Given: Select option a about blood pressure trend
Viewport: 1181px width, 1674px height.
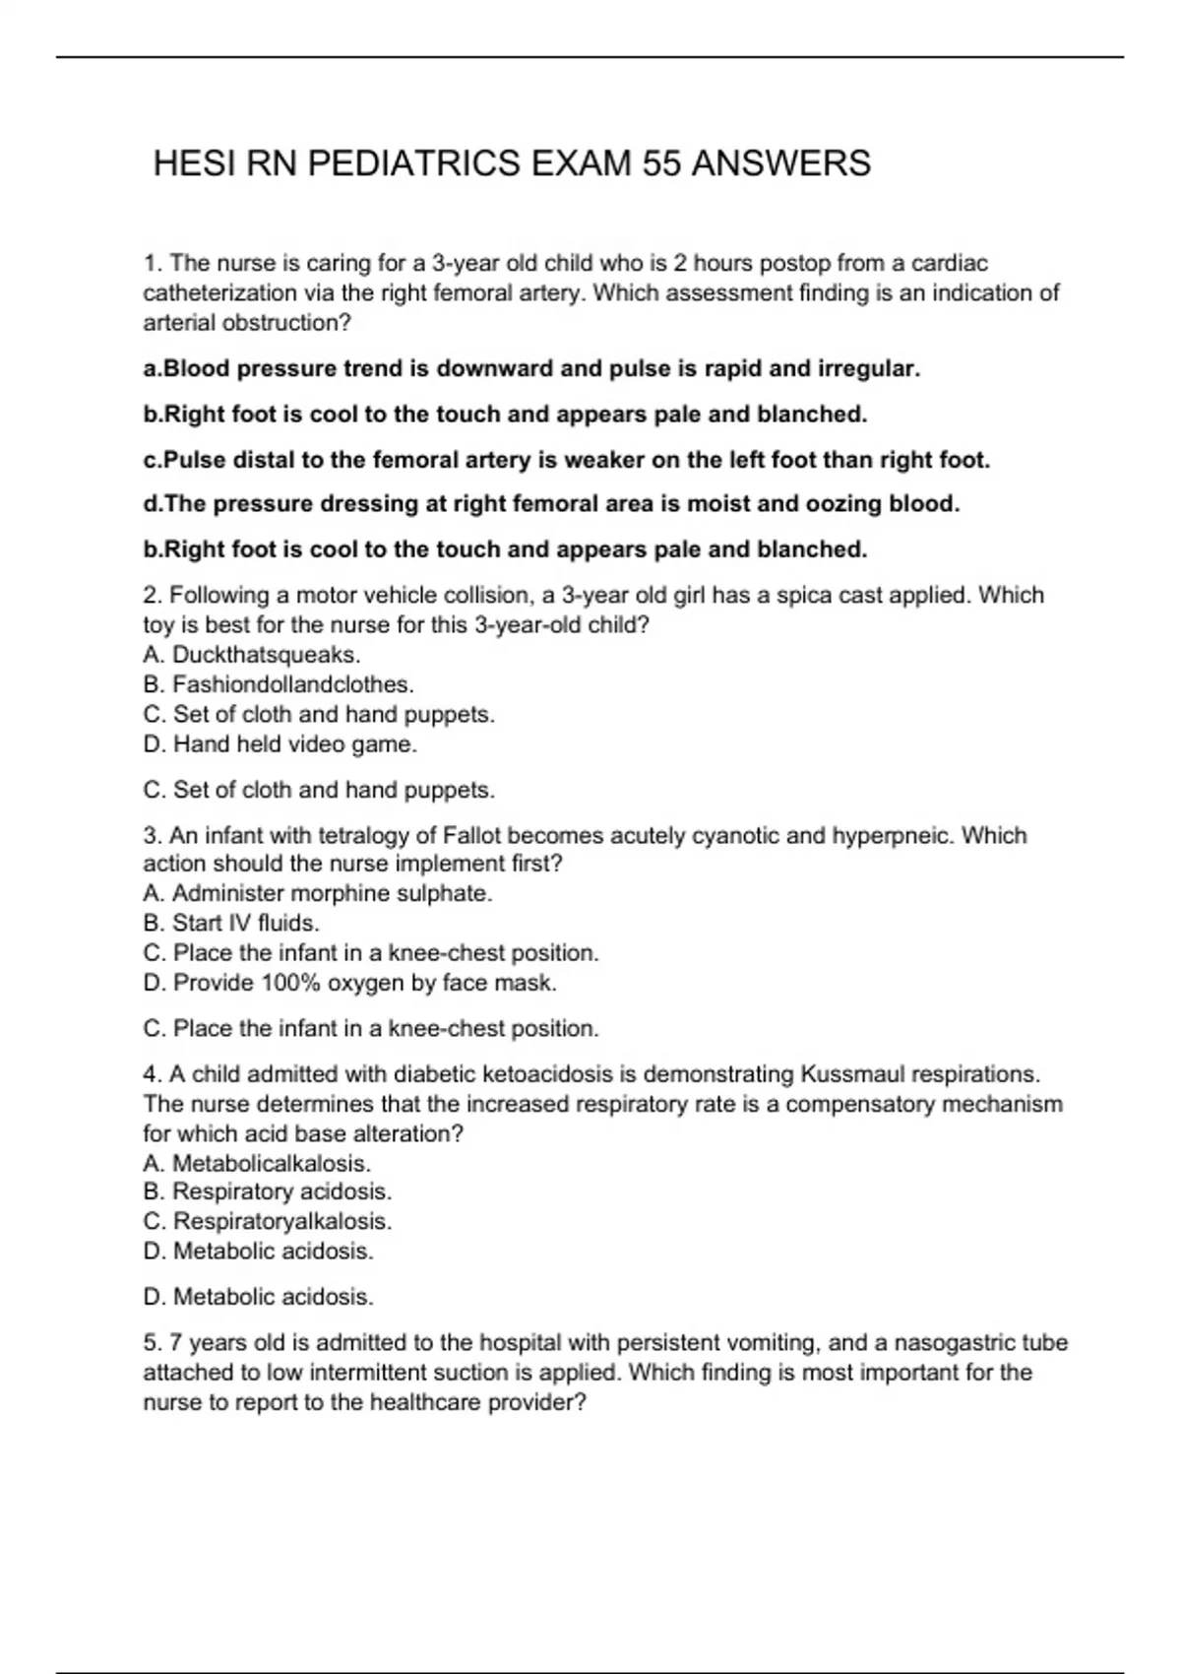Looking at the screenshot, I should [x=531, y=369].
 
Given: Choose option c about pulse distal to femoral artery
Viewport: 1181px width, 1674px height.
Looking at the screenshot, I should [x=566, y=460].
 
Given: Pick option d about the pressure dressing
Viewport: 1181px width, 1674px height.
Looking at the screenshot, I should [x=551, y=504].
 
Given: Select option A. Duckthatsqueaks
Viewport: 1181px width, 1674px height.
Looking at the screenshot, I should [x=252, y=655].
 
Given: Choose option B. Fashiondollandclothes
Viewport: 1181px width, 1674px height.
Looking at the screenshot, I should [x=279, y=684].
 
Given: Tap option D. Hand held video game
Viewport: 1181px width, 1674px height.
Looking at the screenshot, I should [x=280, y=744].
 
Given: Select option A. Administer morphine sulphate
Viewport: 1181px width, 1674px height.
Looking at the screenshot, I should [x=318, y=894].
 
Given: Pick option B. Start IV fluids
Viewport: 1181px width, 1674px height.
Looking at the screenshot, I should [x=231, y=924].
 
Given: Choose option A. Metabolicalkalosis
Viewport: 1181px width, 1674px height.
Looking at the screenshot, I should [x=257, y=1163].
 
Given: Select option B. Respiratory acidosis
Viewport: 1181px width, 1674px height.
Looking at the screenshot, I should [x=268, y=1191].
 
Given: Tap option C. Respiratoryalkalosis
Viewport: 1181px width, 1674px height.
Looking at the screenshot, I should [x=268, y=1222].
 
